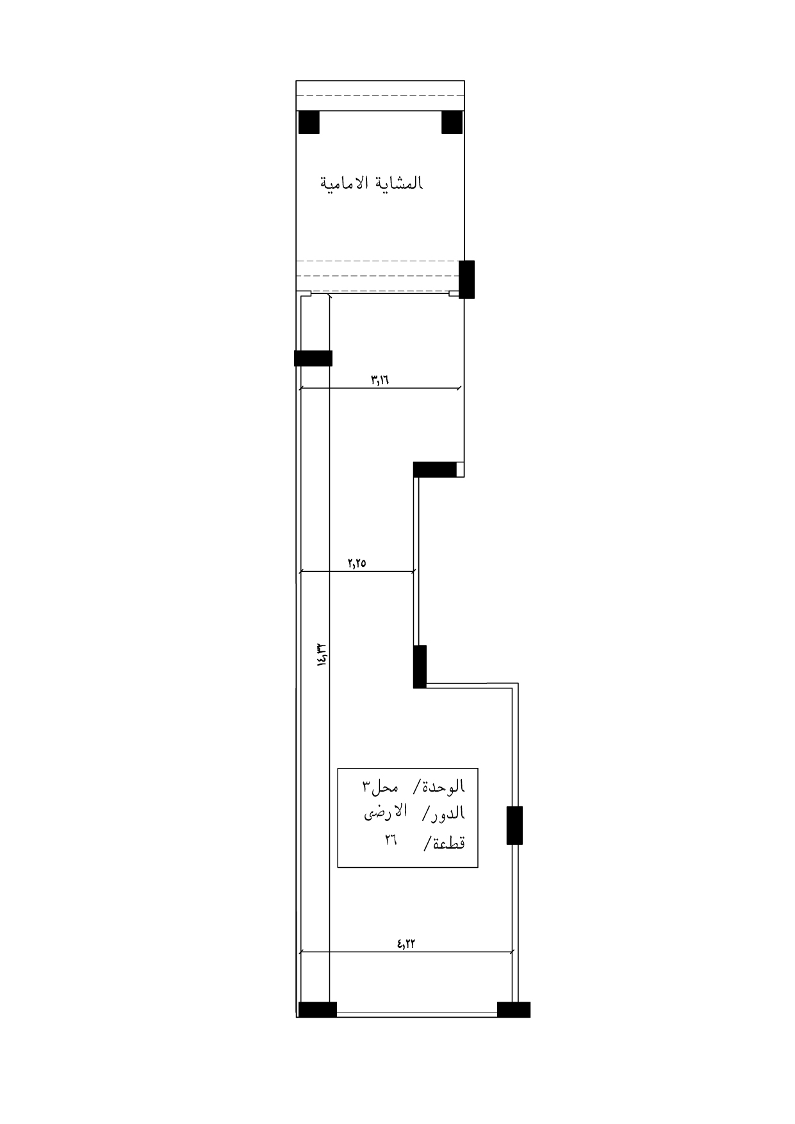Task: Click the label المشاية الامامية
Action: point(371,183)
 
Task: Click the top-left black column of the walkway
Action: point(309,122)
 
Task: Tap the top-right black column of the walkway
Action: point(452,122)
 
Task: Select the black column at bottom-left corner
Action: point(318,1009)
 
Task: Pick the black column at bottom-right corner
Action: point(514,1009)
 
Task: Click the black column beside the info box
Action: point(514,826)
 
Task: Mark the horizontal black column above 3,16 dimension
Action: point(313,358)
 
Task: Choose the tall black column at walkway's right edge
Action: point(467,279)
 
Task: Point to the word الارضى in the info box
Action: point(386,813)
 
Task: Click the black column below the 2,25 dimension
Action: point(420,667)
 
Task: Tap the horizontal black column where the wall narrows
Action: point(435,469)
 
